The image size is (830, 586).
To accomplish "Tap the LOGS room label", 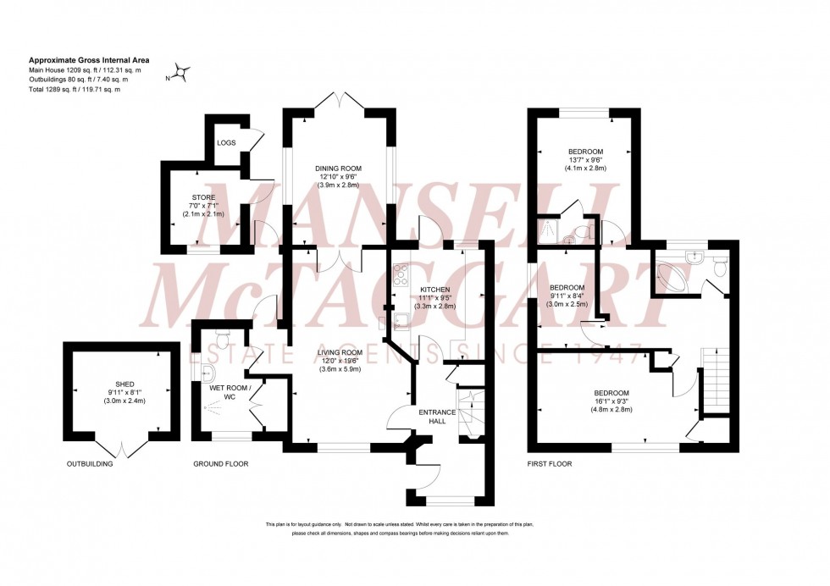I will (x=226, y=142).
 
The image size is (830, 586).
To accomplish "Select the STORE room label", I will (x=202, y=197).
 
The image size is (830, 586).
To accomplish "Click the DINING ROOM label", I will (x=338, y=167).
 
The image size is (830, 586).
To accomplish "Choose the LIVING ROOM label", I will (x=340, y=351).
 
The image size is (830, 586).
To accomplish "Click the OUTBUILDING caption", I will (x=89, y=464).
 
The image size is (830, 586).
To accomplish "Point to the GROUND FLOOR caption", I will (x=221, y=464).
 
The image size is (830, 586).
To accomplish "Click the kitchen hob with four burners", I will (x=401, y=274).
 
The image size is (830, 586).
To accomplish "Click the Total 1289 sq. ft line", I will (x=75, y=89).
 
